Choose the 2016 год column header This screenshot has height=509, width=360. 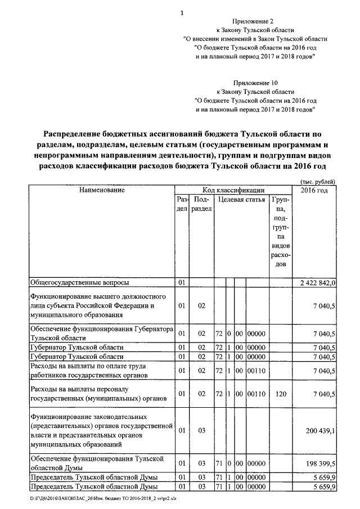(x=314, y=190)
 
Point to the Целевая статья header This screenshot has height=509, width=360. (x=241, y=200)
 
